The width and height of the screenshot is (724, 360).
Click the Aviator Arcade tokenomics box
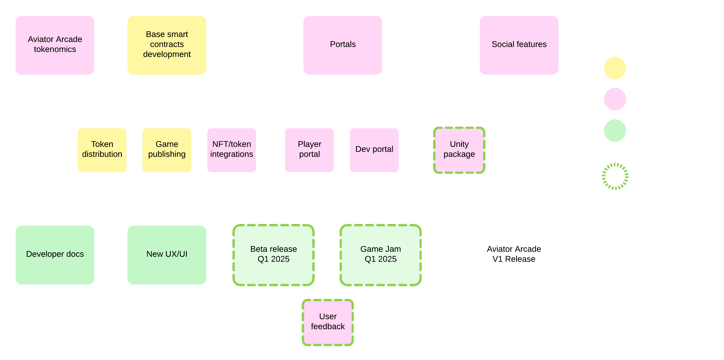[55, 45]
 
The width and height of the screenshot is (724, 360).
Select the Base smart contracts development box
[167, 45]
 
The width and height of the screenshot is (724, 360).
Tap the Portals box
[343, 45]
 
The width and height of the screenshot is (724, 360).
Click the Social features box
[519, 45]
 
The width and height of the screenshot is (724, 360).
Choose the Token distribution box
[102, 150]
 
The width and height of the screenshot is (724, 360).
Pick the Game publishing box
[167, 150]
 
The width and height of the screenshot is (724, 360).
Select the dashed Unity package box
[459, 150]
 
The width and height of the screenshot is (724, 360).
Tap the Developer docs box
[55, 255]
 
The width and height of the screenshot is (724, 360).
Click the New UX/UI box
[167, 255]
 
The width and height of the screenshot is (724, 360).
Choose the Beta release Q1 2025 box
[274, 255]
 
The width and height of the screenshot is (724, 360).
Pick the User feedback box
[328, 322]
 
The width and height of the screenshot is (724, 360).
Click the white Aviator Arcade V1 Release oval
[514, 255]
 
